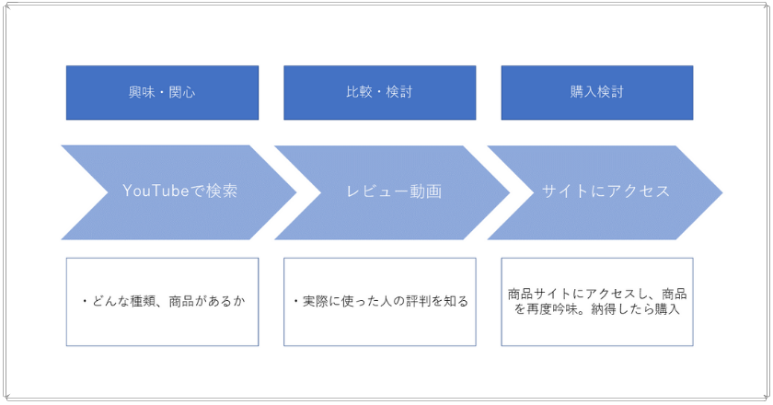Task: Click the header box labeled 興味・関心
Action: [x=162, y=93]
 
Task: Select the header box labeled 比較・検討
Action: [x=379, y=93]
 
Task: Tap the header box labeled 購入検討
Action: [x=597, y=93]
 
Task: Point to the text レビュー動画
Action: [x=394, y=191]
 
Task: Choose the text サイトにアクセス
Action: [x=606, y=191]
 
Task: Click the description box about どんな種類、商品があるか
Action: [x=162, y=302]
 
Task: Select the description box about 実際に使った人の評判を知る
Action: [x=379, y=302]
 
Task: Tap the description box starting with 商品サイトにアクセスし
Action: [x=597, y=302]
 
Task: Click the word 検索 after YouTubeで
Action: [x=222, y=191]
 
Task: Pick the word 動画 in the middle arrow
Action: [x=426, y=191]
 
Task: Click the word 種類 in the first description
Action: [x=143, y=301]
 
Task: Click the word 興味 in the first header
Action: [x=142, y=92]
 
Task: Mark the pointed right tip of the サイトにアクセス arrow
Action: [x=722, y=192]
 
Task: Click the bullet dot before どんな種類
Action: [x=85, y=301]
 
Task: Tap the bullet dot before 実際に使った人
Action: [x=295, y=301]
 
